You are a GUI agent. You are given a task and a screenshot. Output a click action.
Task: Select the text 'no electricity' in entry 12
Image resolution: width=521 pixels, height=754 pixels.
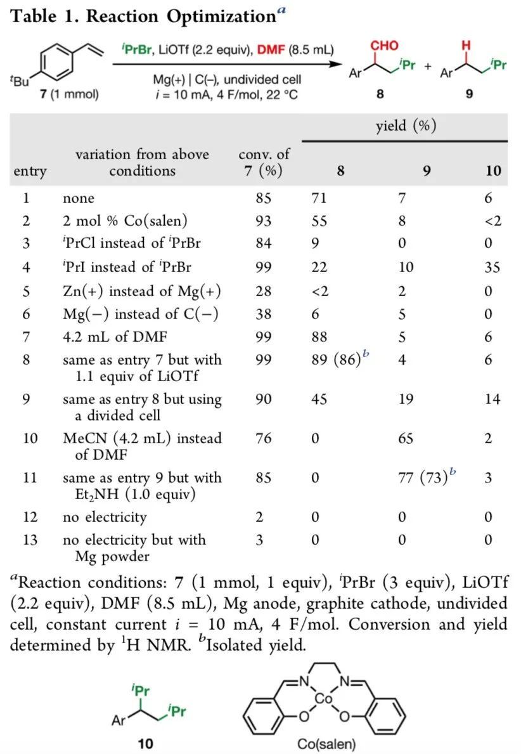(x=105, y=517)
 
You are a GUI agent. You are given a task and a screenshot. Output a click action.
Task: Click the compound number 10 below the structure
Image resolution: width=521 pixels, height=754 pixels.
(x=145, y=743)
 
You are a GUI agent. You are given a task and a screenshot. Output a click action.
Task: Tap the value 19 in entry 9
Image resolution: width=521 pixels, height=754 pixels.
(x=404, y=400)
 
